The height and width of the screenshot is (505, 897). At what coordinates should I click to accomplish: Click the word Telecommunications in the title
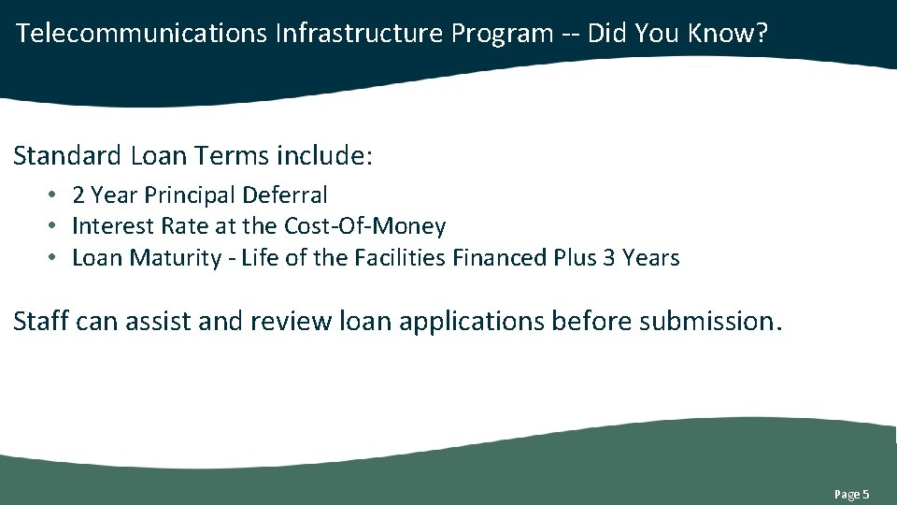click(142, 34)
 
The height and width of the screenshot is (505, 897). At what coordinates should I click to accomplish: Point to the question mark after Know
click(762, 34)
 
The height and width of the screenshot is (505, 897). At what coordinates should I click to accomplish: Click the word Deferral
click(285, 195)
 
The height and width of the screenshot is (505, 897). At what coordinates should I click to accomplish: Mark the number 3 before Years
click(609, 257)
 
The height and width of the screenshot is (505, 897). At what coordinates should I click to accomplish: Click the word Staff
click(41, 321)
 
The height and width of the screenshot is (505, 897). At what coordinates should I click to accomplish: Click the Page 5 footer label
click(851, 494)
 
